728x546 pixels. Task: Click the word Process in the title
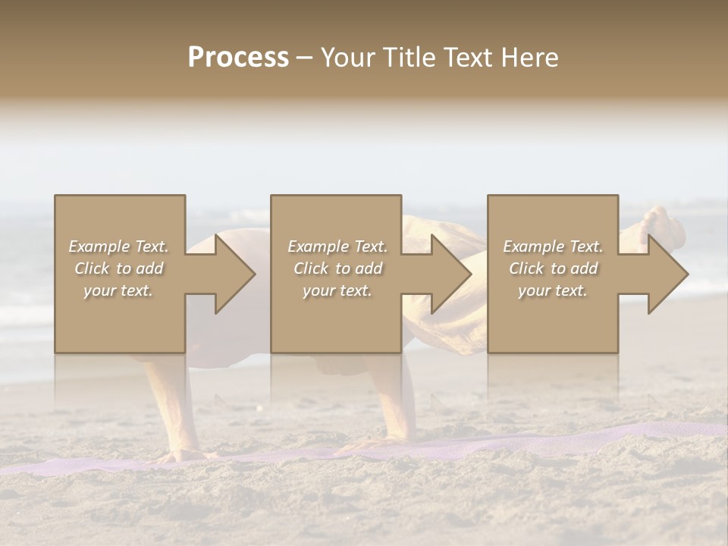click(x=238, y=58)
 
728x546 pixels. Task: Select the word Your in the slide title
click(x=347, y=58)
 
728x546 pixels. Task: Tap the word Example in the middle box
click(x=318, y=246)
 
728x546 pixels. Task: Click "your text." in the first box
click(x=119, y=290)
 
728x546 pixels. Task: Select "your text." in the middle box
click(x=337, y=290)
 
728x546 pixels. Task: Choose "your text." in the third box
click(x=553, y=290)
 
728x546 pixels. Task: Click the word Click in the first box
click(x=93, y=268)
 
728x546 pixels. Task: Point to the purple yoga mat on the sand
click(x=531, y=440)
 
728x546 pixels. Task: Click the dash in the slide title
click(x=305, y=58)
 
